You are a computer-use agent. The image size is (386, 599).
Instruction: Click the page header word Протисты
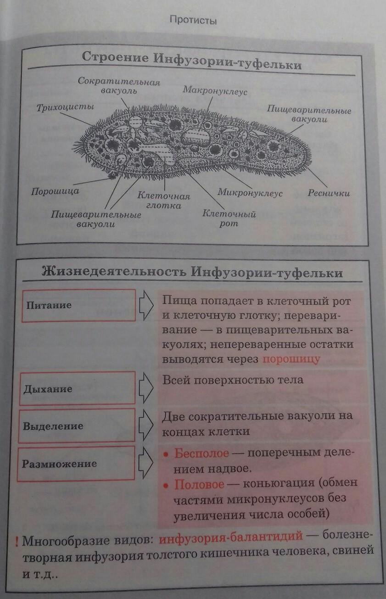click(x=193, y=21)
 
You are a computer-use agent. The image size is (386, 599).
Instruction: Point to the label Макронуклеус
click(x=215, y=91)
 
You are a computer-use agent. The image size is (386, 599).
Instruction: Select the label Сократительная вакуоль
click(x=119, y=86)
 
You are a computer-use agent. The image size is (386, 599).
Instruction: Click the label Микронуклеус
click(x=250, y=193)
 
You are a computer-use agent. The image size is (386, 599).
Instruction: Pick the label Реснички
click(x=329, y=193)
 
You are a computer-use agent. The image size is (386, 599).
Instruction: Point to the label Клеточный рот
click(x=229, y=219)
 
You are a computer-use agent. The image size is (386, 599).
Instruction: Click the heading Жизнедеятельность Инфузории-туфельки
click(x=192, y=273)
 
